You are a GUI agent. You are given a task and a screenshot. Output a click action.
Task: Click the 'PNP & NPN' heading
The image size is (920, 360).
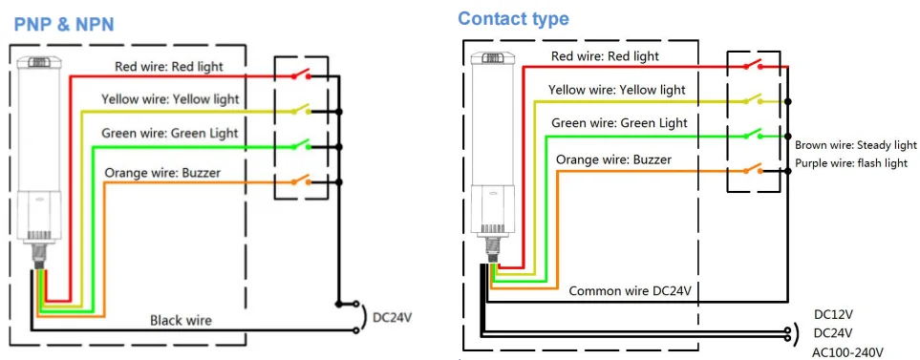coord(63,24)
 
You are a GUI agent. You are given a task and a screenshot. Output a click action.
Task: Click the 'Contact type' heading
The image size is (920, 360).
coord(513,18)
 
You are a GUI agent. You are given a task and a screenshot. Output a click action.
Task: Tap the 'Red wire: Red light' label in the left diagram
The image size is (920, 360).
coord(169,66)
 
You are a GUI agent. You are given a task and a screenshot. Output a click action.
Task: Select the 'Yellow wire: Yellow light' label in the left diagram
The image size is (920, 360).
coord(170,99)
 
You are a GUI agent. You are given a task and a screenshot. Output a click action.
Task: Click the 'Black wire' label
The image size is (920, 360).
coord(181,320)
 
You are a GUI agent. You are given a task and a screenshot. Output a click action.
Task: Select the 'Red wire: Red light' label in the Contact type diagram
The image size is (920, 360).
coord(605,56)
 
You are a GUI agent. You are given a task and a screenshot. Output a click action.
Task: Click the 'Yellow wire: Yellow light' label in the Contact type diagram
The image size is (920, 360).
coord(616,90)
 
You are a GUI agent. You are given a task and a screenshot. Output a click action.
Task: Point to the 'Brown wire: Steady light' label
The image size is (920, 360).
coord(855,145)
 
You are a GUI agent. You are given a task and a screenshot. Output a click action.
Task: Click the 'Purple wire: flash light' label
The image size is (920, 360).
coord(850,163)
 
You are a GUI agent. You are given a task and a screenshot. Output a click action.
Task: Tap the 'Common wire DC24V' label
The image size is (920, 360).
coord(631,290)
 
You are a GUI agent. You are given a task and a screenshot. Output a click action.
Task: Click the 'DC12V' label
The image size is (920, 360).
coord(833,313)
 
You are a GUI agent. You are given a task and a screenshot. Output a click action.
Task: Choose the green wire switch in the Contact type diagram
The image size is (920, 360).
coord(754,135)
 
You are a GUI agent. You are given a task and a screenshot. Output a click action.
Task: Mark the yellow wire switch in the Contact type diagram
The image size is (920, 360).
coord(754,99)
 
